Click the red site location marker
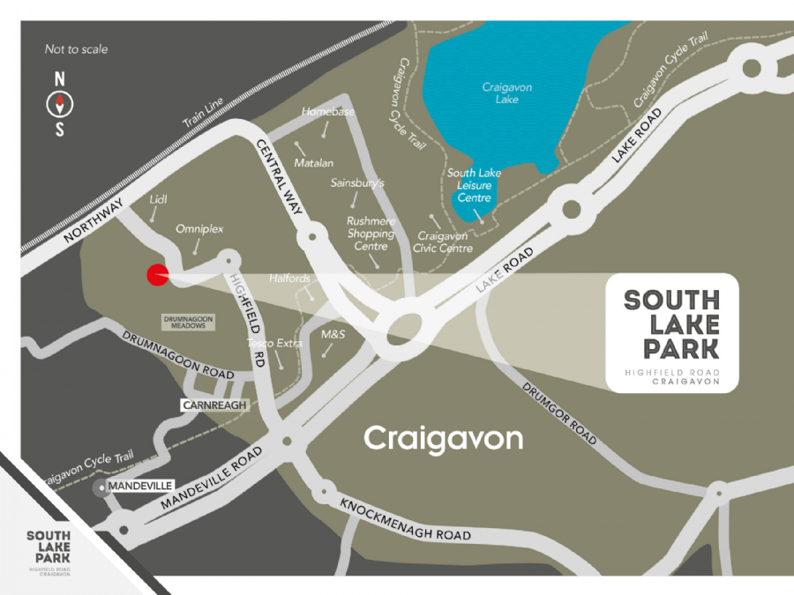(157, 276)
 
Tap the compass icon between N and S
(60, 105)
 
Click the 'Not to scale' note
(76, 49)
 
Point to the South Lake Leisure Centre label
(474, 185)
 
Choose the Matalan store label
(314, 163)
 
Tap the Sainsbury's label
(358, 183)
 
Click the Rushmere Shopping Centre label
(371, 234)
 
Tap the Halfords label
(289, 279)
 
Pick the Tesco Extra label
(274, 343)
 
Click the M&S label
(333, 335)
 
